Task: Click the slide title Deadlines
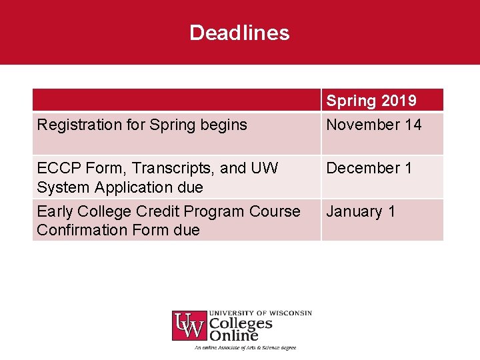239,33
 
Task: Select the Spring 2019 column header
371,101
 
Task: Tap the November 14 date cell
373,125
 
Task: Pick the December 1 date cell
369,168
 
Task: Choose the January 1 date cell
361,211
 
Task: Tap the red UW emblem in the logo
189,326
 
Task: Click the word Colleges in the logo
241,324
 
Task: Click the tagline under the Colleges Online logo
245,347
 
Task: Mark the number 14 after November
412,125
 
